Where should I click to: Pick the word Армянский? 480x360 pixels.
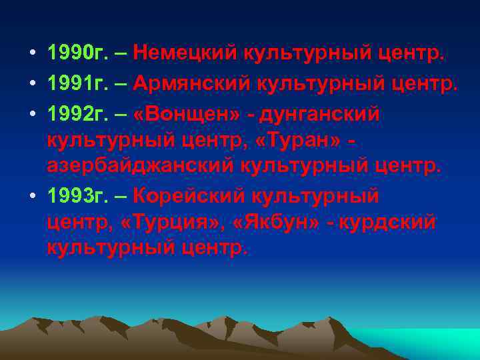pos(187,83)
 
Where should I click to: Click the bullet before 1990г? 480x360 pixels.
pos(32,51)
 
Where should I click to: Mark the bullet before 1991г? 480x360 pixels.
pos(32,83)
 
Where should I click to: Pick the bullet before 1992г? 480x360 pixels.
pos(32,115)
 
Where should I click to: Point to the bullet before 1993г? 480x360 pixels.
pos(32,197)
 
